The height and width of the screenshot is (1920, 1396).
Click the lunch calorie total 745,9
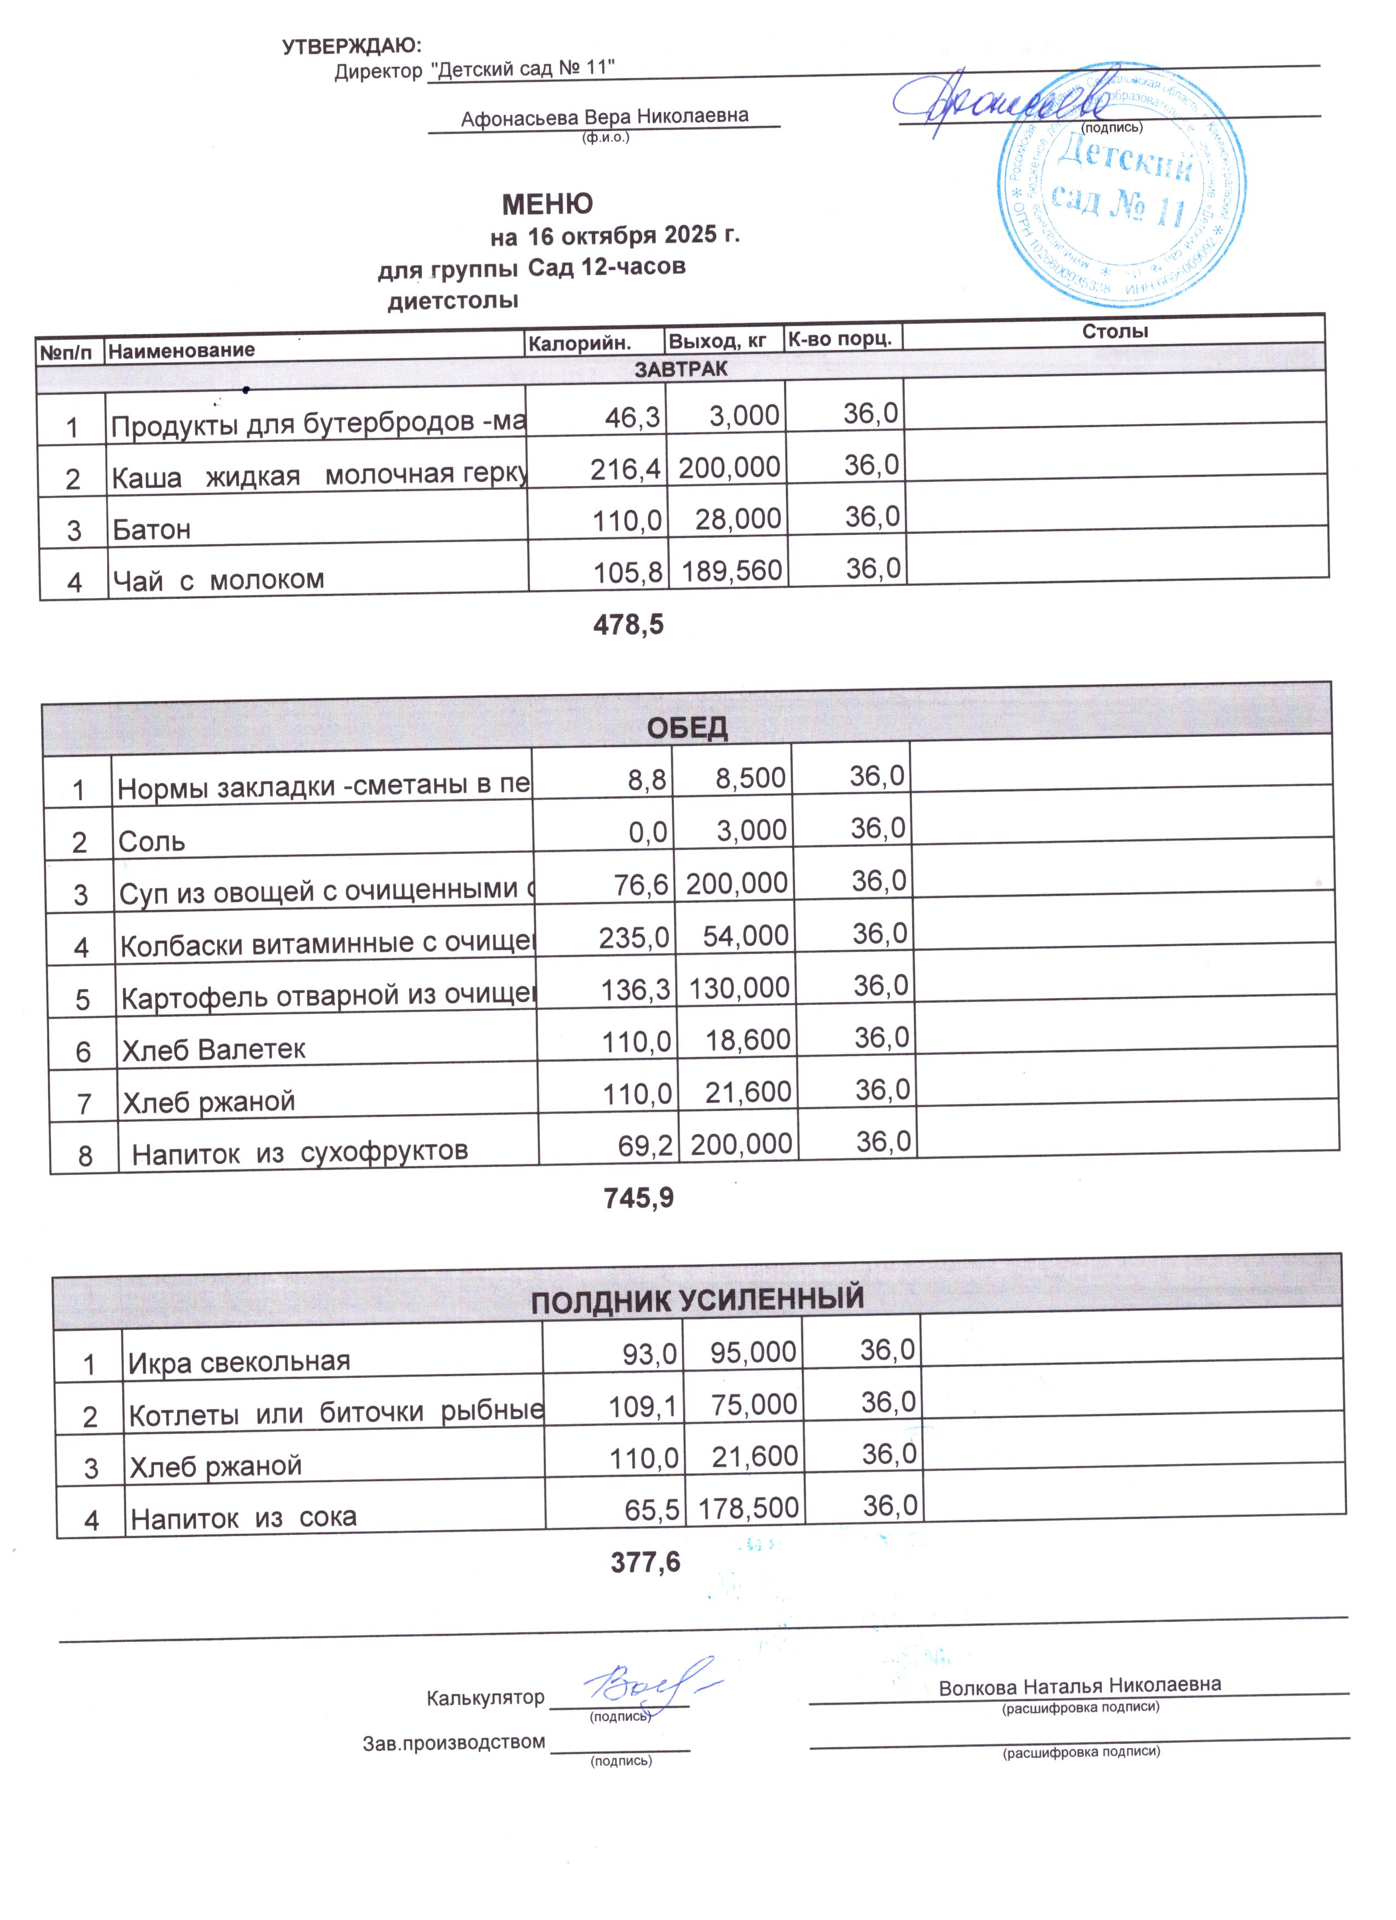(638, 1198)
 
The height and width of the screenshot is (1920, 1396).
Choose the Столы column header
(1114, 331)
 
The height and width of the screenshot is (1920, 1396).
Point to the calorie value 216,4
(626, 468)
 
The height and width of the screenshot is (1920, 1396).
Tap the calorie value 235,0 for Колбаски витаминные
(634, 937)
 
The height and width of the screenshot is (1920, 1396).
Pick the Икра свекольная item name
(239, 1362)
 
